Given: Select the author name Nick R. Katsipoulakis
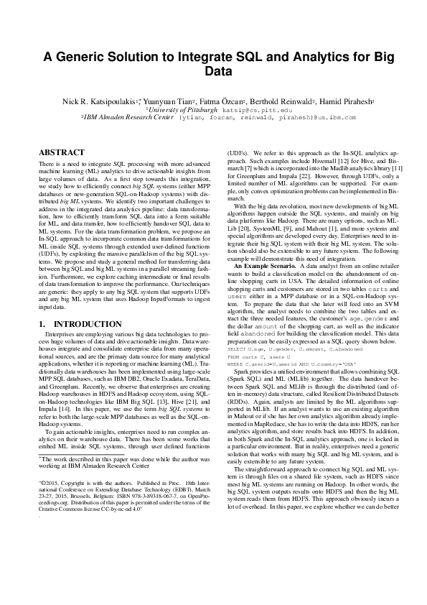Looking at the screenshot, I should (98, 103).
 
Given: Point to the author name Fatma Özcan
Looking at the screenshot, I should (225, 103).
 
